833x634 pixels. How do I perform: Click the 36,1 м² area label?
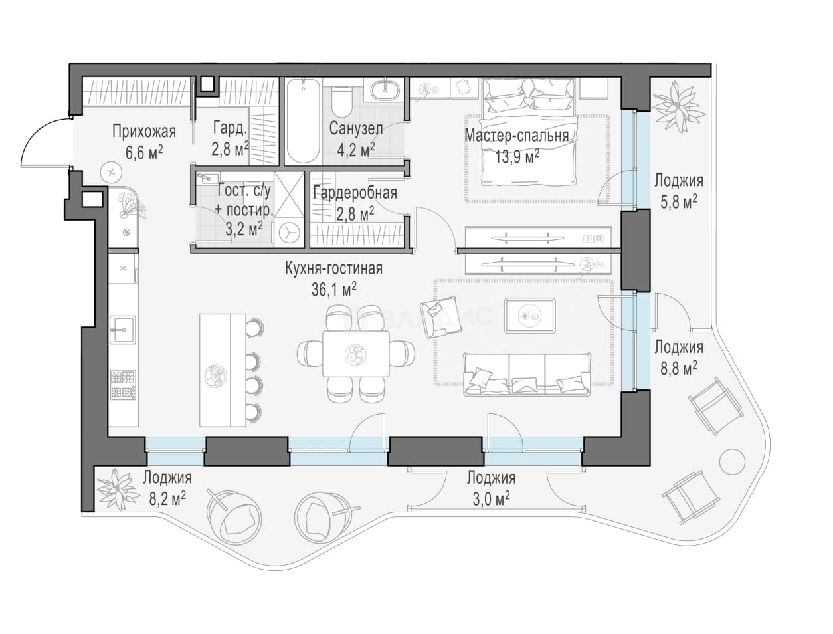point(334,290)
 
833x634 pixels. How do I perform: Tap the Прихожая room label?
point(144,132)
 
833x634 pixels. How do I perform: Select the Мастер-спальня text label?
point(517,135)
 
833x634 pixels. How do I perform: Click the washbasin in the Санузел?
point(385,90)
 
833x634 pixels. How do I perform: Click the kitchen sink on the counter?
point(122,329)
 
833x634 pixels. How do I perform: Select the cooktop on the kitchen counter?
point(123,385)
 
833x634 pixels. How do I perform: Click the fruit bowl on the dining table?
point(355,354)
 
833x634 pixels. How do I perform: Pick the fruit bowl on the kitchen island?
point(215,375)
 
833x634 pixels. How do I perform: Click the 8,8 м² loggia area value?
point(678,368)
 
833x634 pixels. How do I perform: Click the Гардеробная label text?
point(355,193)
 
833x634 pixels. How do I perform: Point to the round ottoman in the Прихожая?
point(111,173)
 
